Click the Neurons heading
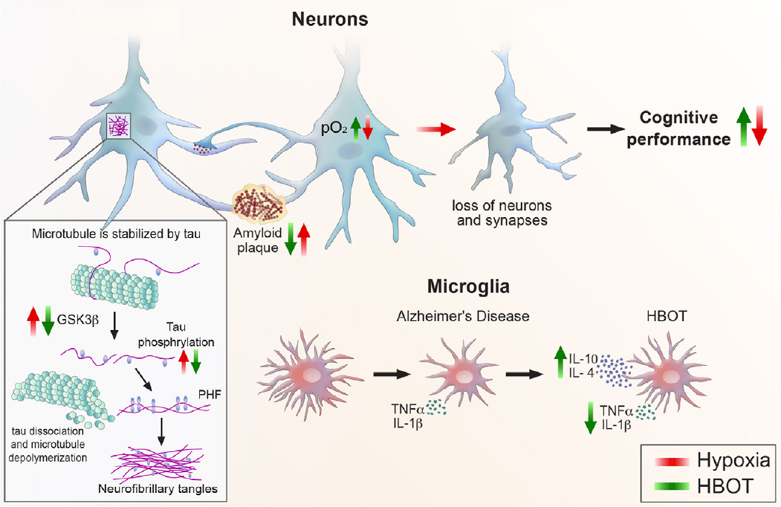coord(330,19)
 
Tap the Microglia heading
coord(468,287)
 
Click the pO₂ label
coord(334,128)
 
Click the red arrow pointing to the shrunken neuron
coord(436,129)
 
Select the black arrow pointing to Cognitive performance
coord(606,129)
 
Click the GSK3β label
coord(78,320)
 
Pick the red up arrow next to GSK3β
coord(33,321)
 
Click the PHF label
coord(209,395)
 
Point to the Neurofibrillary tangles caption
coord(158,488)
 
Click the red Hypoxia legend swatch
coord(672,462)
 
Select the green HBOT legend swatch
coord(672,487)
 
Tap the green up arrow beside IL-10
coord(560,362)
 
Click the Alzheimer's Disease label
coord(463,316)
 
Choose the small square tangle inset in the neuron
coord(118,126)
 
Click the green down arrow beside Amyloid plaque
coord(290,239)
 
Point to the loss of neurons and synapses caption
coord(502,213)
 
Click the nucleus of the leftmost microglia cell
coord(309,375)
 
